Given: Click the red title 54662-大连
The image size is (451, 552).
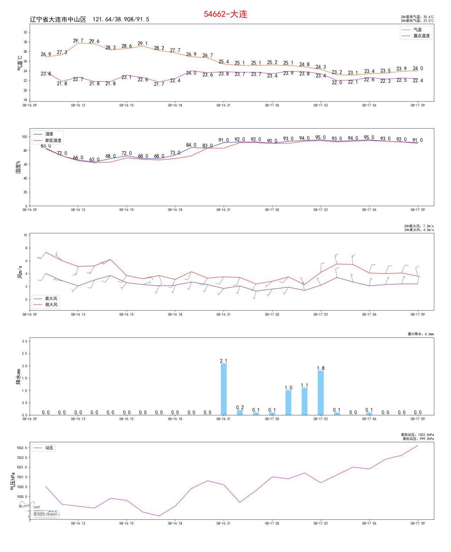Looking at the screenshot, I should (x=225, y=14).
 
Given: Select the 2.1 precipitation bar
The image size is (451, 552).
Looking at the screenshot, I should (x=224, y=389).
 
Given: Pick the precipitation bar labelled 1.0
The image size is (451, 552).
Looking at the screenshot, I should (x=288, y=402).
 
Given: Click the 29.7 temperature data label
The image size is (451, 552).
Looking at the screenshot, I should (x=78, y=41).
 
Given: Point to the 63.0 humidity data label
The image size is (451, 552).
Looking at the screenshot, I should (x=94, y=159).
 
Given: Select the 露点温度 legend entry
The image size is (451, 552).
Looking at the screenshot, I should (x=421, y=36).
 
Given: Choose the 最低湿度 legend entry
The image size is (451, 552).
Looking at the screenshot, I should (x=53, y=141).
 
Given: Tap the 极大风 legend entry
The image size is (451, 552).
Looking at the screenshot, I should (x=51, y=305).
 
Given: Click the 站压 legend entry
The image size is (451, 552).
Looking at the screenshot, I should (x=50, y=448).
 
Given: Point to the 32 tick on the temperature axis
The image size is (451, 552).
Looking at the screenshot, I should (x=25, y=32).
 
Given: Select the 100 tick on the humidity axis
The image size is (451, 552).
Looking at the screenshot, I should (x=24, y=137).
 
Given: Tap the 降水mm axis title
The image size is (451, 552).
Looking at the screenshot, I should (x=18, y=376).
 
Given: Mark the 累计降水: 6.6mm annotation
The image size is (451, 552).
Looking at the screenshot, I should (x=421, y=334).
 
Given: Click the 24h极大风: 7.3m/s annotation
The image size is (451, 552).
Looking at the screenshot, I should (x=419, y=226).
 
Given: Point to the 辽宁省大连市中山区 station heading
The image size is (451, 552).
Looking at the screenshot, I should (x=58, y=19).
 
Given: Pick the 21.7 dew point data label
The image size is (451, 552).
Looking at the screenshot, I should (x=159, y=84).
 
